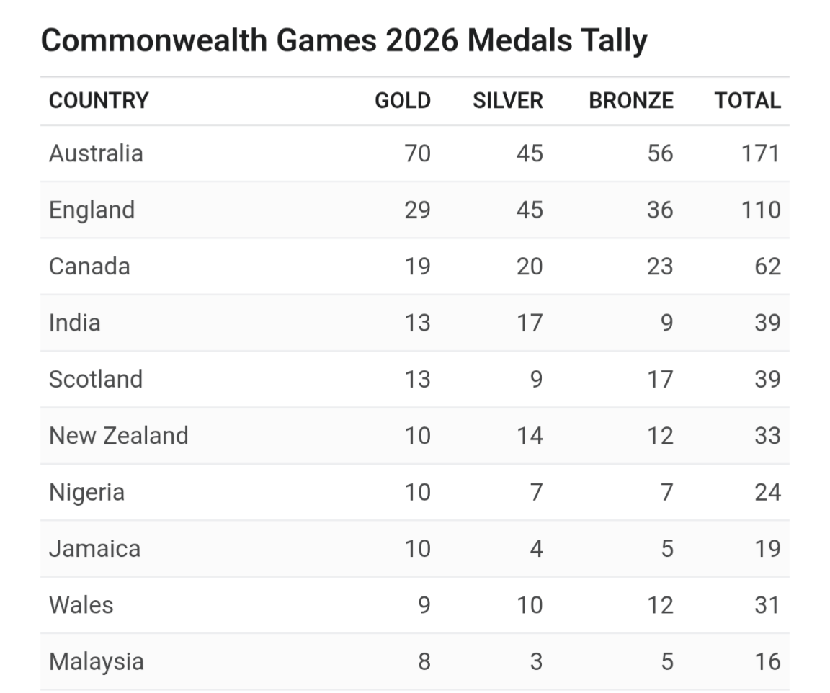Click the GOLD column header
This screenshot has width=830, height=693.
pyautogui.click(x=403, y=101)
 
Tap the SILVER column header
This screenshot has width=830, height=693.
pyautogui.click(x=508, y=101)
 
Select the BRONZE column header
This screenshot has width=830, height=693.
pyautogui.click(x=631, y=101)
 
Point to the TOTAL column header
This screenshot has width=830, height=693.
pyautogui.click(x=747, y=101)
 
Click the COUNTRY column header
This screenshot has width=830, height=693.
pyautogui.click(x=99, y=101)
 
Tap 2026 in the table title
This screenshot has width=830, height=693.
pyautogui.click(x=422, y=40)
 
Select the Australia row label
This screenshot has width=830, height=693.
pyautogui.click(x=96, y=153)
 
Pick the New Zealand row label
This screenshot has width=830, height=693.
pyautogui.click(x=119, y=436)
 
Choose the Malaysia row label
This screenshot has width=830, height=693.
pyautogui.click(x=97, y=662)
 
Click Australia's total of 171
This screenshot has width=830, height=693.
pyautogui.click(x=761, y=153)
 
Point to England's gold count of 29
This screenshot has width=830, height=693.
pyautogui.click(x=418, y=210)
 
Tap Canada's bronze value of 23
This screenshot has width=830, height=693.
pyautogui.click(x=660, y=267)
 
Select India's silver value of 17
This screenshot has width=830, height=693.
pyautogui.click(x=530, y=323)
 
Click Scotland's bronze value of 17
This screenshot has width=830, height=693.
pyautogui.click(x=661, y=380)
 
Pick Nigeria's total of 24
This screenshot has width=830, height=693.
pyautogui.click(x=767, y=492)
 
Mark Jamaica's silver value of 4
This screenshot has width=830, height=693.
pyautogui.click(x=537, y=549)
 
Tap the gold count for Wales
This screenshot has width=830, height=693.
pyautogui.click(x=424, y=605)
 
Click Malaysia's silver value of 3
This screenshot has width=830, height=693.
pyautogui.click(x=537, y=662)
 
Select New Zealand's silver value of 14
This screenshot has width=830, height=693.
pyautogui.click(x=530, y=436)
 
